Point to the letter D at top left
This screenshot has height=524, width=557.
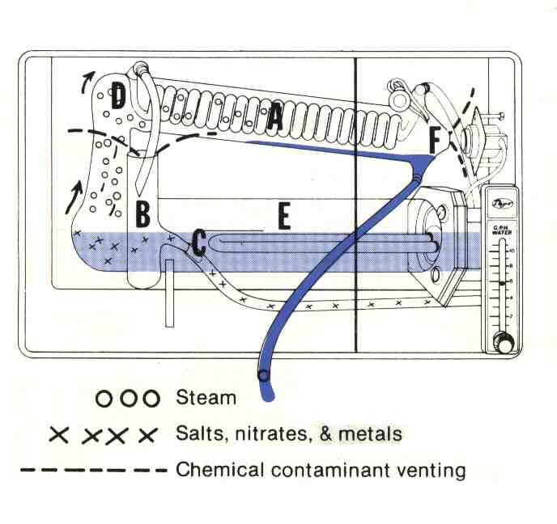click(x=118, y=98)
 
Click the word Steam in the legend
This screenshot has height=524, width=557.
click(x=206, y=398)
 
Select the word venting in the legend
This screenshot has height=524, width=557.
click(x=426, y=469)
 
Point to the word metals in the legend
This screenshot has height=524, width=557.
click(x=371, y=434)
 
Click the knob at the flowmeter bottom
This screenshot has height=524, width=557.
click(x=504, y=346)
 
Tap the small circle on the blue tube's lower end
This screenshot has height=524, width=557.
click(x=263, y=375)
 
